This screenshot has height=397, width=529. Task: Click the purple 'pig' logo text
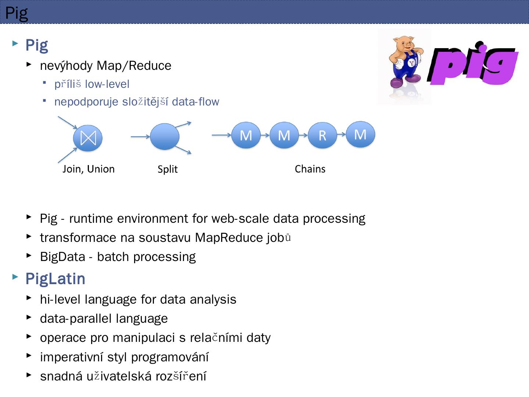(x=474, y=64)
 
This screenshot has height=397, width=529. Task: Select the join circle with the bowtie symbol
(x=88, y=138)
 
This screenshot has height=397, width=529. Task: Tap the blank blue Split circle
(x=165, y=136)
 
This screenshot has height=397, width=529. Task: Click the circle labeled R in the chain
(x=322, y=135)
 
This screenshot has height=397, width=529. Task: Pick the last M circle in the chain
(x=360, y=134)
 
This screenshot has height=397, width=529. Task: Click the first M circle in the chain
(x=246, y=135)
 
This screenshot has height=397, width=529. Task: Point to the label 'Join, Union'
(x=89, y=169)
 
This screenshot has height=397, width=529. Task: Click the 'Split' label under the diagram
(x=168, y=169)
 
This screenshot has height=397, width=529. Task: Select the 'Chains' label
(x=310, y=169)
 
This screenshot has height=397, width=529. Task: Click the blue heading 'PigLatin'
(x=55, y=279)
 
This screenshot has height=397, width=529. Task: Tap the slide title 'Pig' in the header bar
(x=17, y=13)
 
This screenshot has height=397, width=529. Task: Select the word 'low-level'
(x=107, y=84)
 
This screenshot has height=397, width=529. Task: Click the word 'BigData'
(x=62, y=257)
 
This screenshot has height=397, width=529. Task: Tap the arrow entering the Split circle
(x=140, y=137)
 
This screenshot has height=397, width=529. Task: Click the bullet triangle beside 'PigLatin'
(x=15, y=277)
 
